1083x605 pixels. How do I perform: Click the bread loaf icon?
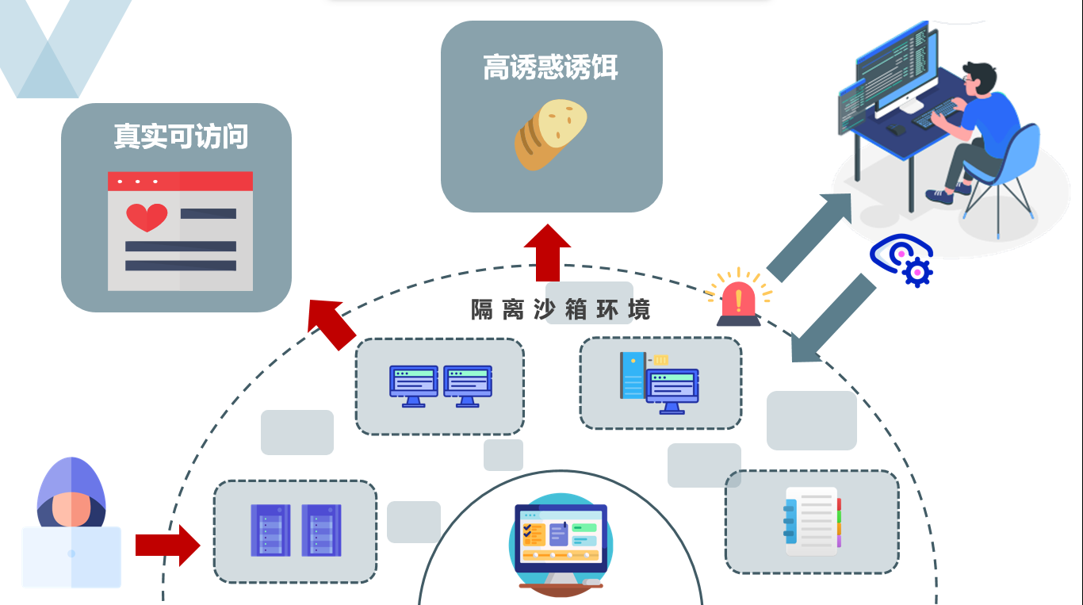pos(551,134)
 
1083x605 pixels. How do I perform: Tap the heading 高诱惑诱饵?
pos(550,68)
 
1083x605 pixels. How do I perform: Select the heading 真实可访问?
pos(181,136)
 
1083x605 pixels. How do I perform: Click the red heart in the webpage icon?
pos(147,216)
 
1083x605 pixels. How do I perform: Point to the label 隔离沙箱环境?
pos(560,310)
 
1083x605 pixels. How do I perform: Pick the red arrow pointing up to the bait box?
pos(547,251)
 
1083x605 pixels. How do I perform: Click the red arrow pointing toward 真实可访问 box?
pos(331,322)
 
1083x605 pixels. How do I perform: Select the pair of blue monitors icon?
pos(440,385)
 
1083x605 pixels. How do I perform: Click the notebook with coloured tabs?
pos(811,521)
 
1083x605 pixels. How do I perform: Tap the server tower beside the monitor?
pos(633,374)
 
